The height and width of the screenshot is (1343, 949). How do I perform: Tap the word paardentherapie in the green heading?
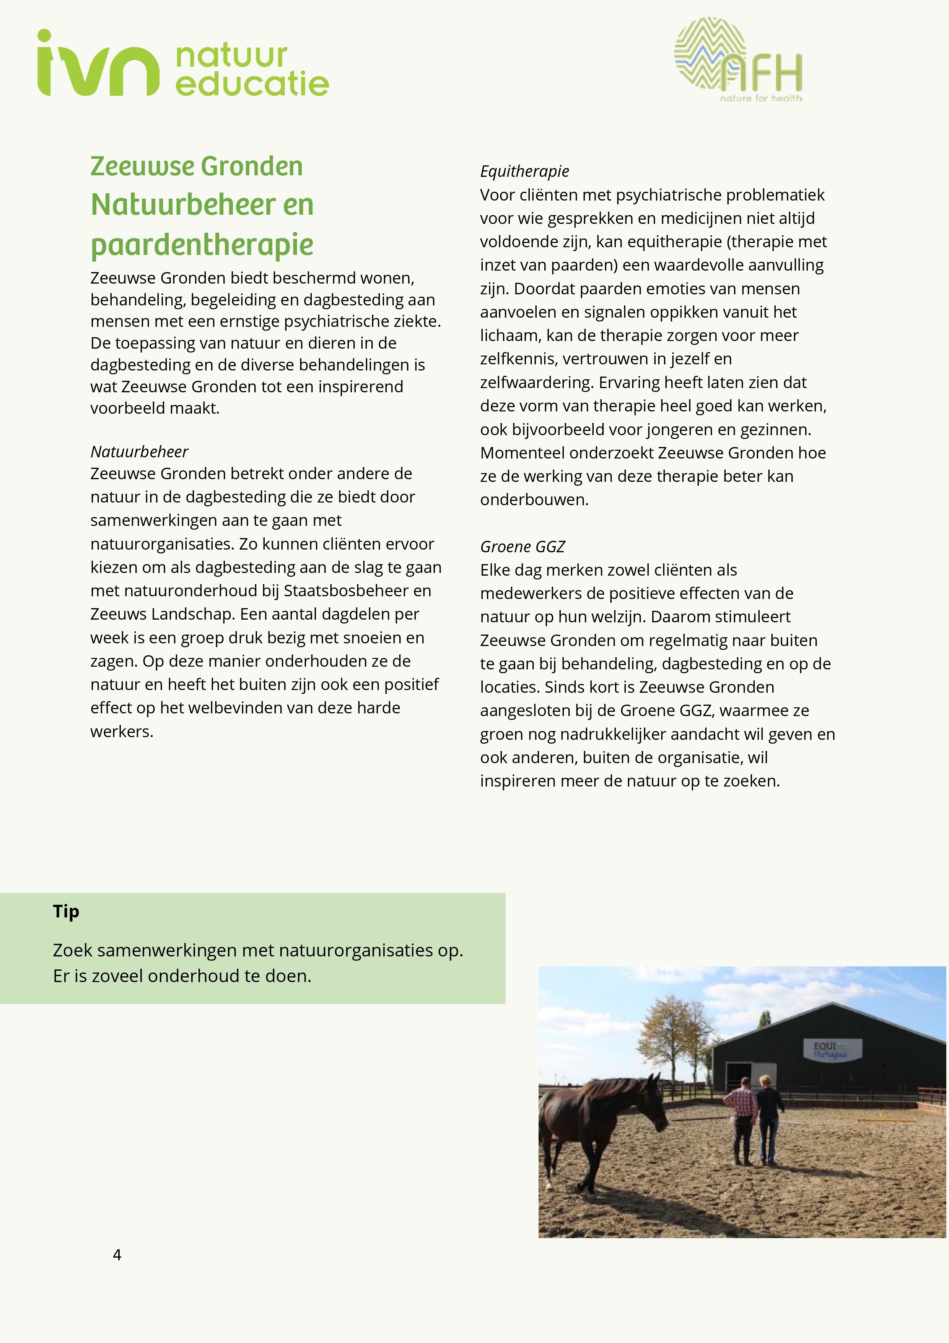click(x=202, y=245)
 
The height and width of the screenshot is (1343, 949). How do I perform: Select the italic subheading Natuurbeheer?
click(x=139, y=452)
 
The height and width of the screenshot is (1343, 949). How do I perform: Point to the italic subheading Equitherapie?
click(x=524, y=171)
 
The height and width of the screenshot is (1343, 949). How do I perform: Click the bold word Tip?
click(x=66, y=911)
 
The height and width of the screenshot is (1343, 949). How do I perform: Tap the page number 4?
click(x=117, y=1255)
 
